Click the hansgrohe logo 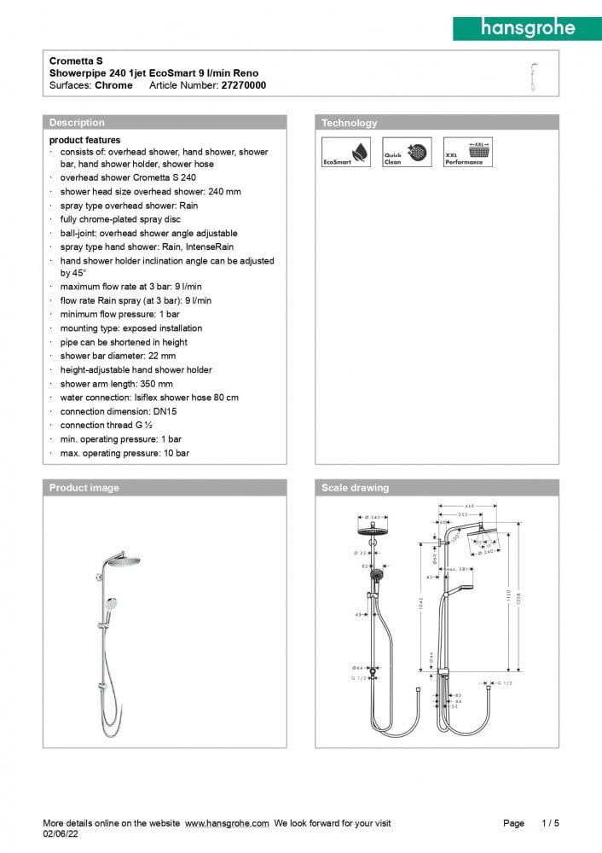(527, 27)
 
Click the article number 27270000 (243, 85)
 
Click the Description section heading (77, 123)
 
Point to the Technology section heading (349, 123)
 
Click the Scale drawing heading (355, 488)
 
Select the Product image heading (84, 488)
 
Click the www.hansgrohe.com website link (227, 823)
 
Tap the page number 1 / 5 (550, 823)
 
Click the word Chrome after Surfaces (113, 85)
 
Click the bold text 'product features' (84, 140)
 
